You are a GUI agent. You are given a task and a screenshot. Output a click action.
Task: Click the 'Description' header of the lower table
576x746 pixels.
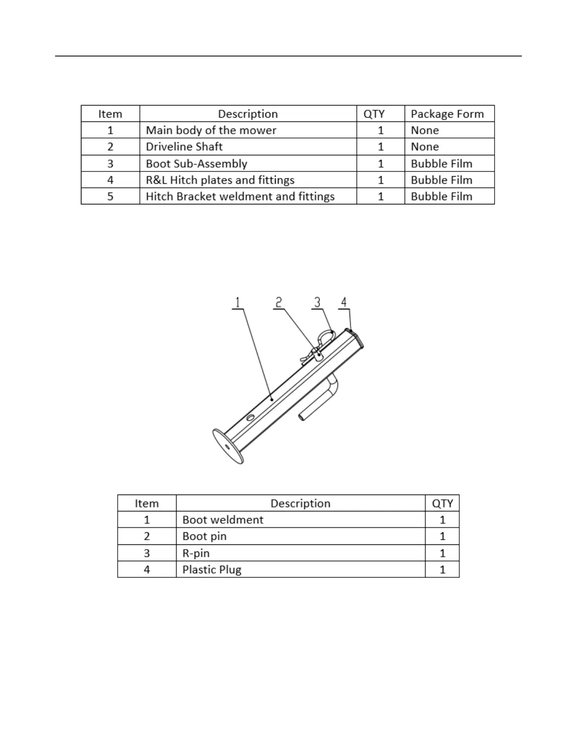[x=300, y=503]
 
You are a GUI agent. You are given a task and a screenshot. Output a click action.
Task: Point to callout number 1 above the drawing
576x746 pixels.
[x=238, y=302]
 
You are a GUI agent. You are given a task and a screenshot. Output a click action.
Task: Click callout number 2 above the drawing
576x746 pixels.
[x=279, y=302]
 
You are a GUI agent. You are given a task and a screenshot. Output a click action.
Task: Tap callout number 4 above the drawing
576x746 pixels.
[x=344, y=302]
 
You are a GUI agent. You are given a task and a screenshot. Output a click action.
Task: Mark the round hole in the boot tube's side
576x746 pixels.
[x=250, y=417]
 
